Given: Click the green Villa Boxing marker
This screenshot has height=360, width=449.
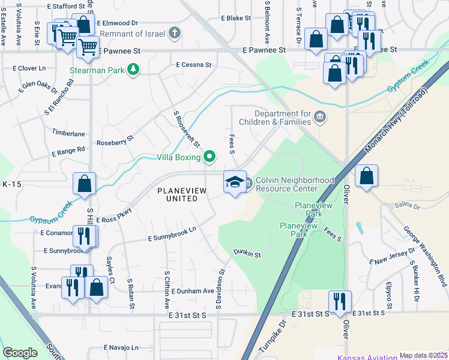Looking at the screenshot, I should point(209,158).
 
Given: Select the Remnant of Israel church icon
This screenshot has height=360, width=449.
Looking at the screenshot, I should point(174,33).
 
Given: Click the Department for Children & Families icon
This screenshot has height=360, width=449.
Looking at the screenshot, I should point(319,116).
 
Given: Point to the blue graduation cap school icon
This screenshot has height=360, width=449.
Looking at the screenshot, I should point(235,182).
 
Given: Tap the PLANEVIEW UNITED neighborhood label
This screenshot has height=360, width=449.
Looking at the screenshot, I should point(177,194).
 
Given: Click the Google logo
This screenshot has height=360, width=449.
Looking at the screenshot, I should point(20,353).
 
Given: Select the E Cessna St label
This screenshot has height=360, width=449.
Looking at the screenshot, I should point(193,64).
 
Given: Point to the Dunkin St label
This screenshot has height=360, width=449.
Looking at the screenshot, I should point(247,254).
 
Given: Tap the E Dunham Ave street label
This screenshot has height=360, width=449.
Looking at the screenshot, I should point(192,291).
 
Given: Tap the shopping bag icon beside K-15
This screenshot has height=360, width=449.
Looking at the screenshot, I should point(85,184).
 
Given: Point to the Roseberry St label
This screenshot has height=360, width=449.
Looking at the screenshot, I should point(115,144).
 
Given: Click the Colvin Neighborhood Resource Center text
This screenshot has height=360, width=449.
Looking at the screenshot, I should point(295,184).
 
